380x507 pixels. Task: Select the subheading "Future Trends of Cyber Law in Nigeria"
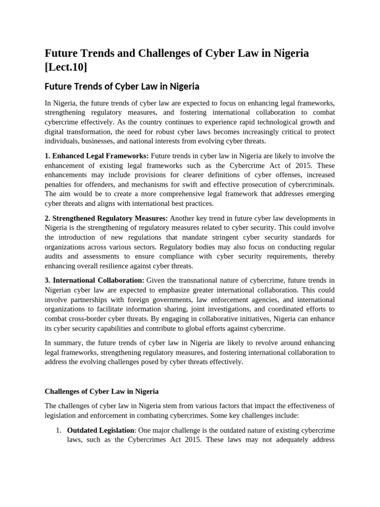coord(122,87)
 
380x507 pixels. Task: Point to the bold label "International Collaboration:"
coord(95,281)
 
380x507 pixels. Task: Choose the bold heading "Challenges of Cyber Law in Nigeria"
coord(101,391)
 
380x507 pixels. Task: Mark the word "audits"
coord(55,256)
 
